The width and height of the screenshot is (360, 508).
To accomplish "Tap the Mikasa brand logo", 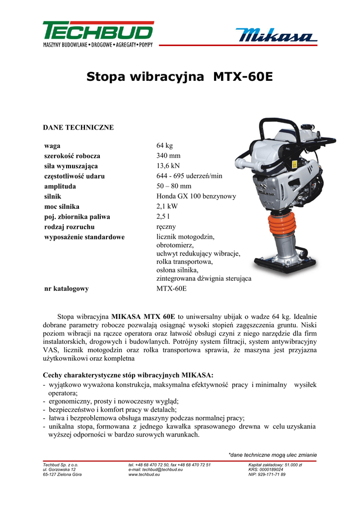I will point(276,36).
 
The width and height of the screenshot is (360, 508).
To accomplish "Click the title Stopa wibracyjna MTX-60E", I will point(180,77).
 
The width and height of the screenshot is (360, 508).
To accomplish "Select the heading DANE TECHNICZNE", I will point(78,127).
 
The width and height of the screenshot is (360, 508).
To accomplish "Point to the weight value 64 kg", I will point(164,145).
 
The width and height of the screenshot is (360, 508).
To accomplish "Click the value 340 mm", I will point(168,156).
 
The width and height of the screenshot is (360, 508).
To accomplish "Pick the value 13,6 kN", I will point(168,166).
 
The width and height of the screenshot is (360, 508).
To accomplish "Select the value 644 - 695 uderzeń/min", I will point(189,176).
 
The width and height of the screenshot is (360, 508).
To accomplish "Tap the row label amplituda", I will point(60,186).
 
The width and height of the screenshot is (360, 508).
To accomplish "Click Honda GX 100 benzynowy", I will point(196,196).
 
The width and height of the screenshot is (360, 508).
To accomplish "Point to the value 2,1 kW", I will point(167,206).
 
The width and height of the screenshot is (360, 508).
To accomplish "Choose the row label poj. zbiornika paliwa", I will point(77,217).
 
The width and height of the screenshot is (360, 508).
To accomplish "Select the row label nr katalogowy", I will point(67,289).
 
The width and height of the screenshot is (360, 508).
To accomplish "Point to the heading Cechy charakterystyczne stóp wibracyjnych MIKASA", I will point(128,375).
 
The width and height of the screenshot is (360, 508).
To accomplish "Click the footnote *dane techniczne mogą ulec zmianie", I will point(272,454).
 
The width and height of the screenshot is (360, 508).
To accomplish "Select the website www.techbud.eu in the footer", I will point(144,475).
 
